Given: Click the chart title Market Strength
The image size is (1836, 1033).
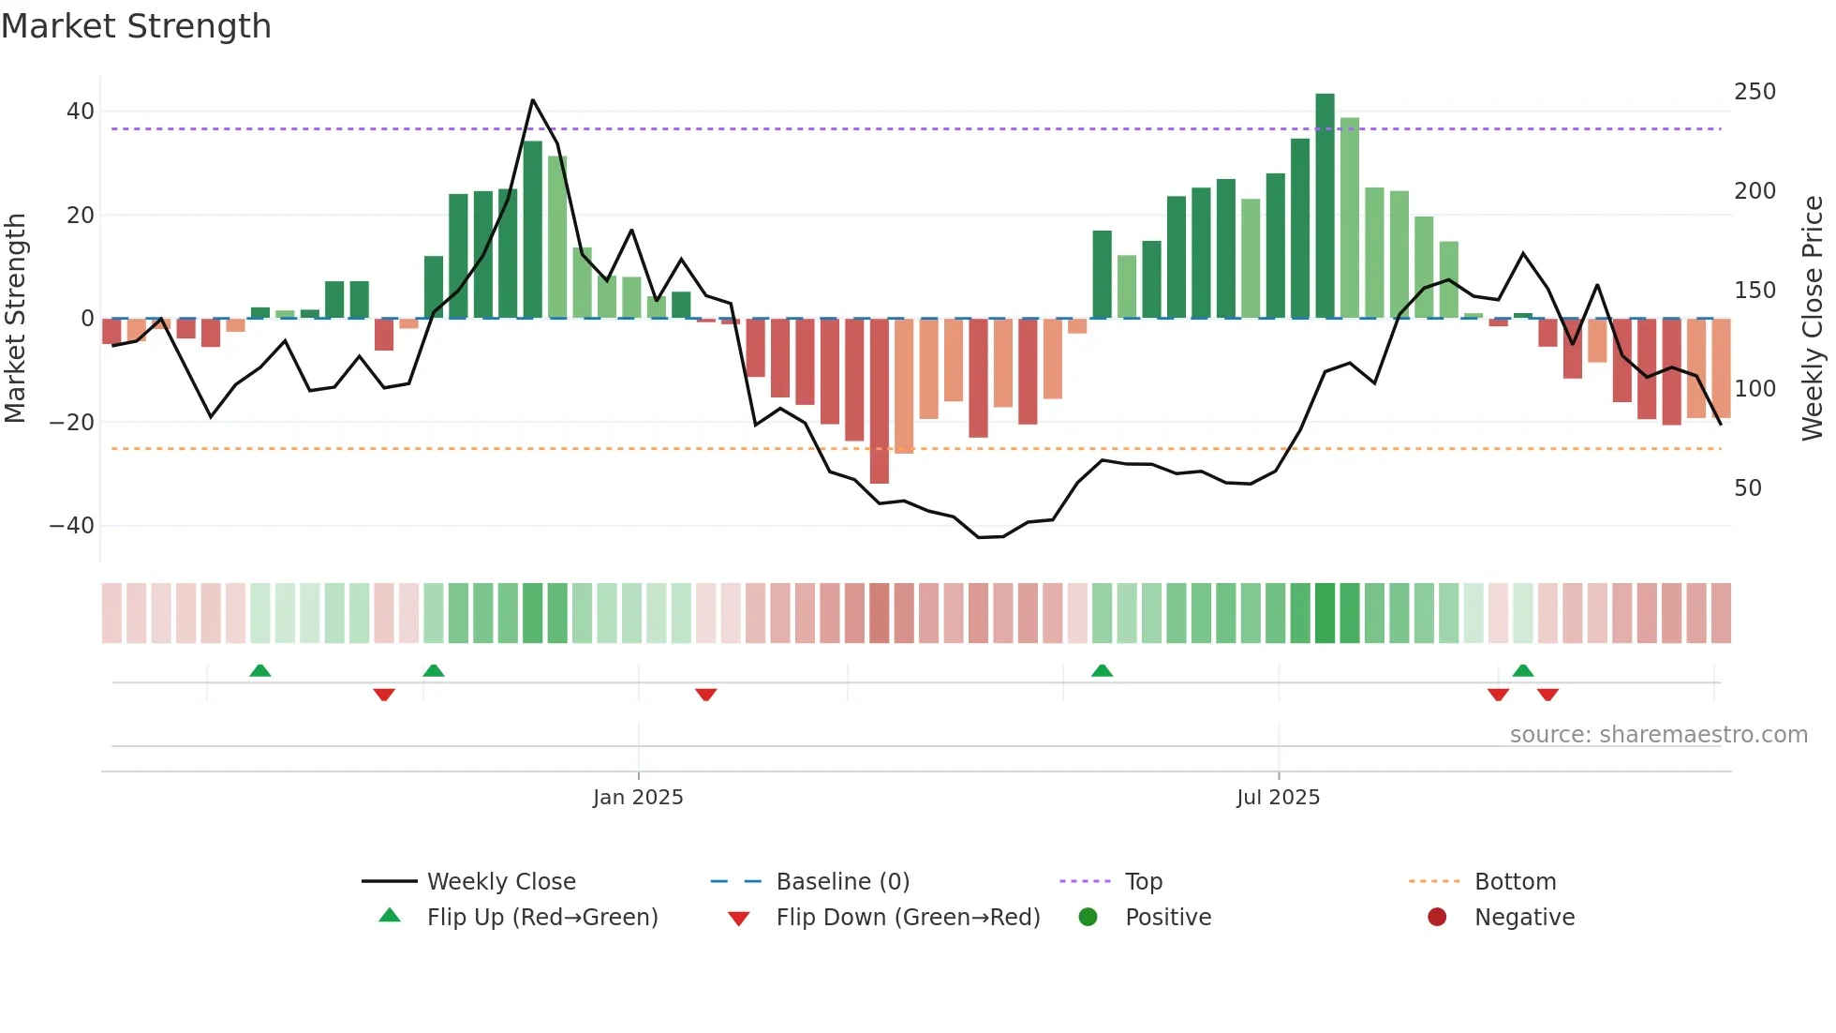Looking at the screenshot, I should pos(136,26).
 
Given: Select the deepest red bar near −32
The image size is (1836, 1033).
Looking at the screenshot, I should pos(879,401).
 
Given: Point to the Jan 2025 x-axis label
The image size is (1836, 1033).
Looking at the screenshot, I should pos(638,798).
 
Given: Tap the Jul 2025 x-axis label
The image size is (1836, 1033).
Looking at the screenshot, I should pos(1278,798).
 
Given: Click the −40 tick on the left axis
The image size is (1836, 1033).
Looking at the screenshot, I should pos(72,526).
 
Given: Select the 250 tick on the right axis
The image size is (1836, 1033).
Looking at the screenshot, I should pos(1755,92).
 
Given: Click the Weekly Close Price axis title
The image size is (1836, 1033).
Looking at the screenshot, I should pos(1813,319).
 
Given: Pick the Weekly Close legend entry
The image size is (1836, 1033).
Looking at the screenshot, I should pos(500,882).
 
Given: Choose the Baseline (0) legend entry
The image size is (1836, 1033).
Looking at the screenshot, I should pos(842,882).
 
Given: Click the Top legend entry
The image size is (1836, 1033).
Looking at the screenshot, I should pos(1143,882).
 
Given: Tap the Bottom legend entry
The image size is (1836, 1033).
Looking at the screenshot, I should pos(1515,882).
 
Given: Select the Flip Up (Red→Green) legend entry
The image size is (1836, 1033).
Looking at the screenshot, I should pos(541,918).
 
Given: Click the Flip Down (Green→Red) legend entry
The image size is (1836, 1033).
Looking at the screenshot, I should pos(907,918).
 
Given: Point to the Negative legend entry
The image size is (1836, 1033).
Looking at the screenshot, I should pos(1523,918).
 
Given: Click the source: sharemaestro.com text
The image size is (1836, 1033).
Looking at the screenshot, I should pos(1658,735).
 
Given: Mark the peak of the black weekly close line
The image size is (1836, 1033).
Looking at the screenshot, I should pos(532,99).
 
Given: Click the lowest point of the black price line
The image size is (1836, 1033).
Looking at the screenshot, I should pos(978,537).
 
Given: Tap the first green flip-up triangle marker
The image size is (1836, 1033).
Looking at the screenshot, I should pos(260,671).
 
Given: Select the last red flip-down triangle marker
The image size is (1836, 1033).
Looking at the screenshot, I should pos(1547,695).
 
